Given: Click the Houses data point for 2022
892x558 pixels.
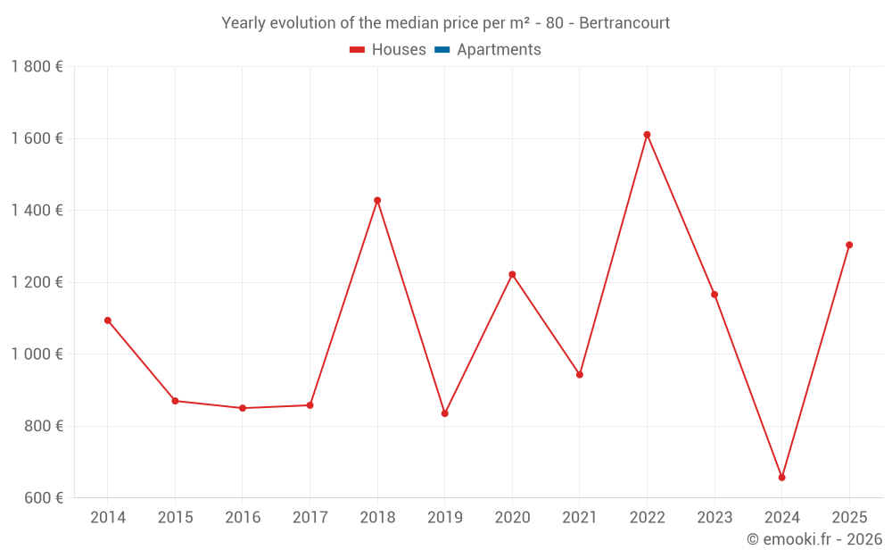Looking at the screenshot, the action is point(647,135).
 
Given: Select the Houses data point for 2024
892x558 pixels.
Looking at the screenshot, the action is point(781,477).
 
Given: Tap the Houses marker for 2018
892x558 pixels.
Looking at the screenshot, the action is point(377,200).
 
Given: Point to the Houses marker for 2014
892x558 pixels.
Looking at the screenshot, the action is point(108,321).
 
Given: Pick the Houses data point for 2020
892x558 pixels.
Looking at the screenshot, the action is point(512,274).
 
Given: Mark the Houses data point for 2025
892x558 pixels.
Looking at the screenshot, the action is point(849,245).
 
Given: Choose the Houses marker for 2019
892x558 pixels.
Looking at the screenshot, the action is point(445,413).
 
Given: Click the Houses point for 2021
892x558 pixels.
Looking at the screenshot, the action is point(580,375).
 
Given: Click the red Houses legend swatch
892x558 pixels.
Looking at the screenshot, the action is point(358,50).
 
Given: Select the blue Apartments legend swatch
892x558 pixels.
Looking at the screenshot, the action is point(442,50).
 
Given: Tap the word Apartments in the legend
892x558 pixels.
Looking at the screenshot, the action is point(499,50).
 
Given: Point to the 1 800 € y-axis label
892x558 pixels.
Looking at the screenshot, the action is point(37,67).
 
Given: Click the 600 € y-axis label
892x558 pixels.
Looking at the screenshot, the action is point(43,497).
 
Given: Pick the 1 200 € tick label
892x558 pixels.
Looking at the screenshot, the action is point(37,282).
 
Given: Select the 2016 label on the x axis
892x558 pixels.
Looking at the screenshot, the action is point(243,518).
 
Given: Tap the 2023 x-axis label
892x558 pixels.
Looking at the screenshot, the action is point(714,518).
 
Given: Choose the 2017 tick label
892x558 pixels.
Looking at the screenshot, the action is point(310,518).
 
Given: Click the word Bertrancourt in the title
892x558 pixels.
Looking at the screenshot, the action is point(624,23).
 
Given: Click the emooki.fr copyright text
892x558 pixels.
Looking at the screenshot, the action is point(814,538).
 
